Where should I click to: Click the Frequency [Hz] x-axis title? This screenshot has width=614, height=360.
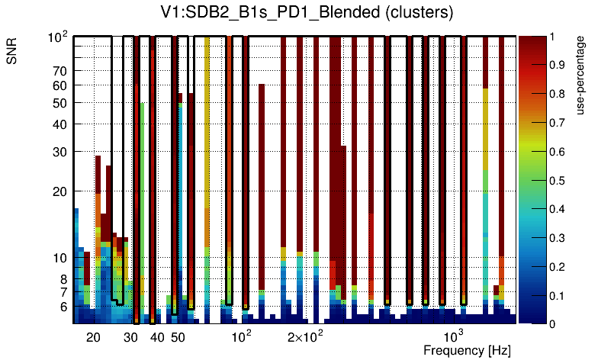(467, 350)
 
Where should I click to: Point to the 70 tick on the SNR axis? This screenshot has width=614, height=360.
(60, 72)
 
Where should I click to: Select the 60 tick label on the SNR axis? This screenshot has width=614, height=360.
(60, 86)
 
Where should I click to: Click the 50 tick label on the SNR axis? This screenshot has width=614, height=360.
(60, 103)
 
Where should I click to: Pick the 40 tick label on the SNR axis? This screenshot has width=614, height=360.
(60, 124)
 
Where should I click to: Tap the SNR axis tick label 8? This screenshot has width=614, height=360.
(63, 279)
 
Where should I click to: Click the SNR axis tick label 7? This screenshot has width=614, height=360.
(63, 292)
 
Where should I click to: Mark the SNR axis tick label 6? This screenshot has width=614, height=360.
(63, 307)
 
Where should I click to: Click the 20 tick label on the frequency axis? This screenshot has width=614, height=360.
(93, 337)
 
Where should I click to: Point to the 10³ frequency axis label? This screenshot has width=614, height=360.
(454, 336)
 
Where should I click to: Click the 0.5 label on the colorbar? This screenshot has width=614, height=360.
(558, 181)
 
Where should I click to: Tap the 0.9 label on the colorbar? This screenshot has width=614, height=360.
(558, 66)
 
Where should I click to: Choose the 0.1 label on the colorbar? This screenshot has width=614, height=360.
(558, 296)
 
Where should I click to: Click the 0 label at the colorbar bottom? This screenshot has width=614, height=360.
(552, 324)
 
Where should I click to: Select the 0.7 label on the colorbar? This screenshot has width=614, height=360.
(558, 123)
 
